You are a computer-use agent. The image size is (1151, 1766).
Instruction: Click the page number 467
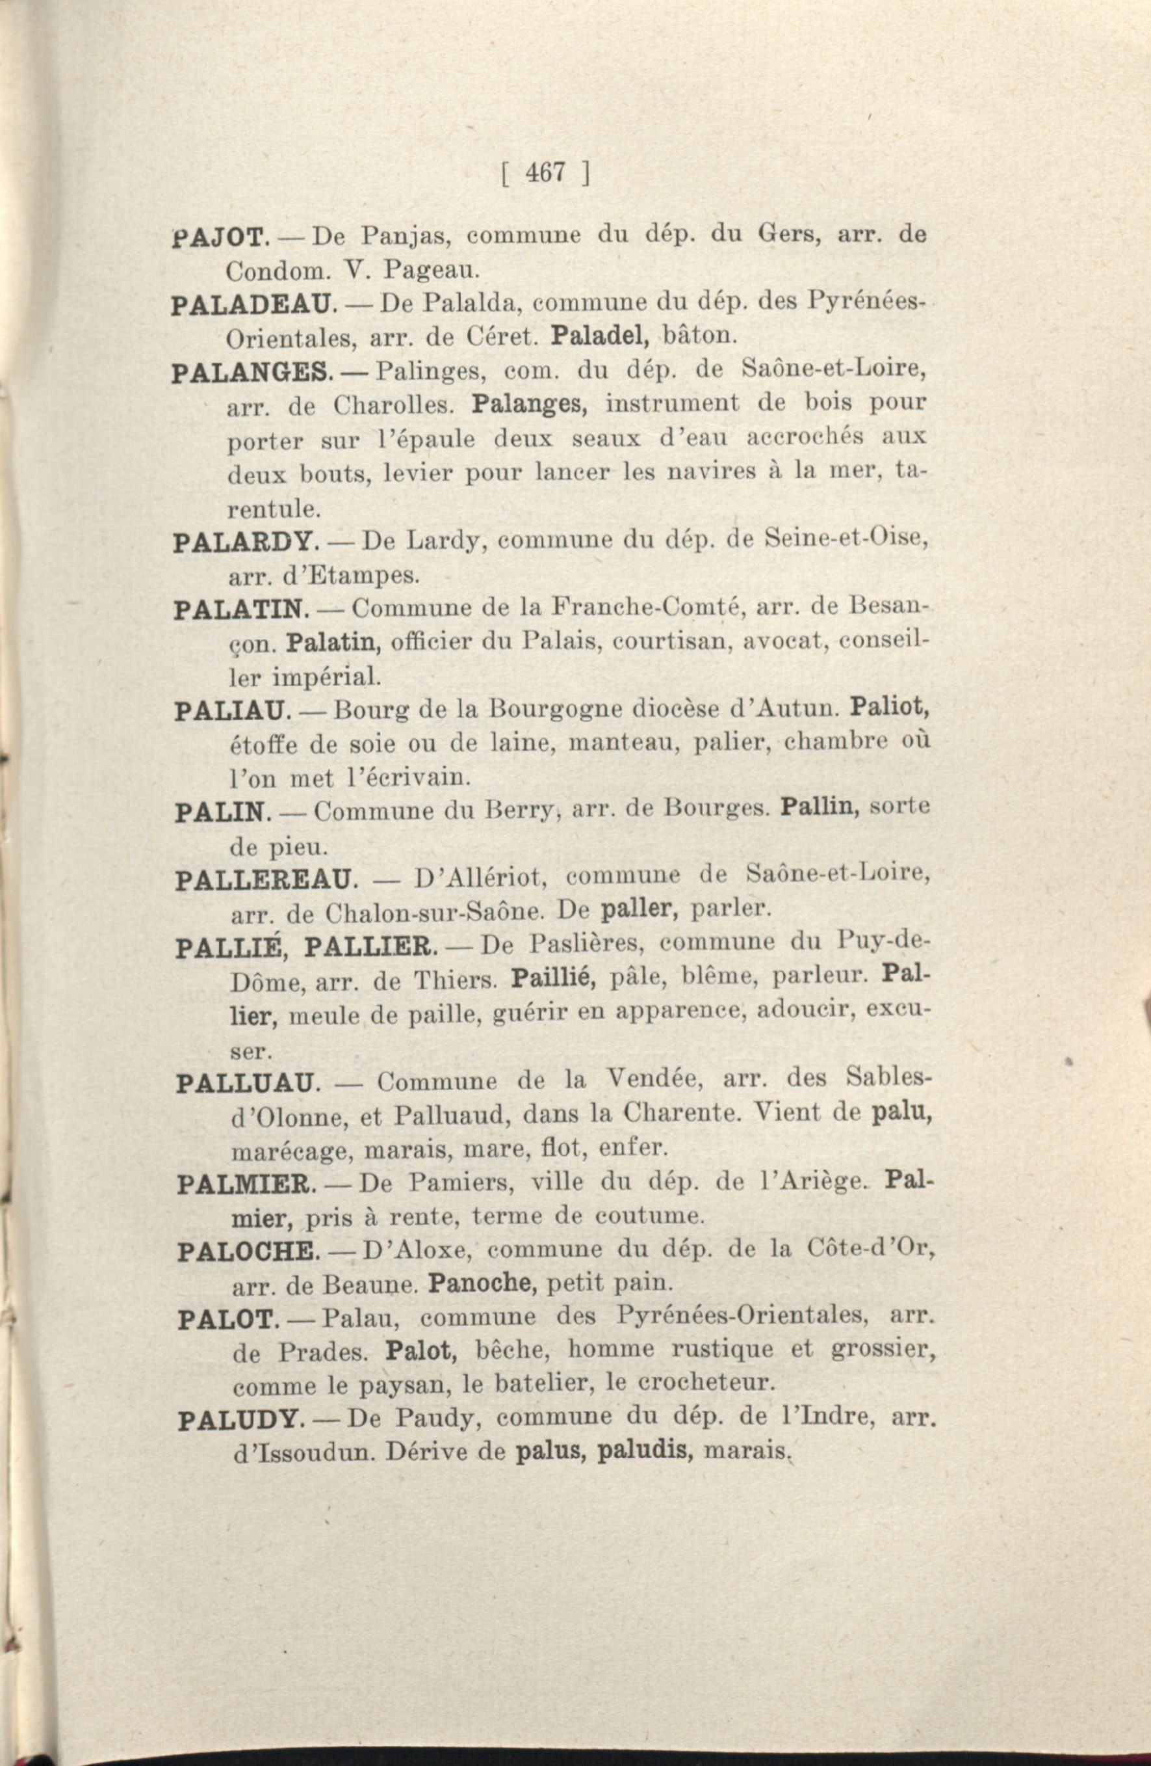click(x=545, y=172)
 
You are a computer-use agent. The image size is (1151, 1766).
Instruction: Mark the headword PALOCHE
click(x=249, y=1251)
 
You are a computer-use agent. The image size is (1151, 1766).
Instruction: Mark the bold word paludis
click(x=645, y=1452)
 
